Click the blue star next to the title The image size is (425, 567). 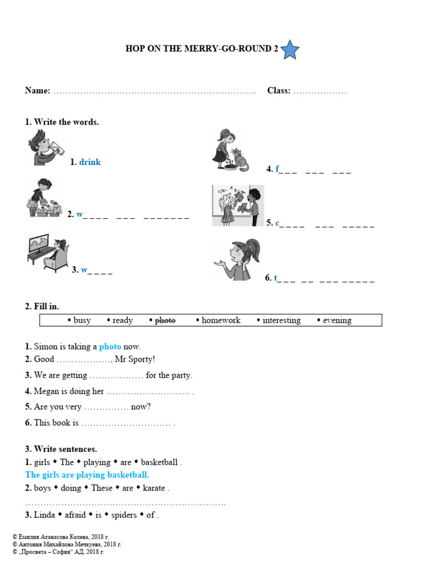pyautogui.click(x=289, y=50)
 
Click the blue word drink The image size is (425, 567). pyautogui.click(x=90, y=162)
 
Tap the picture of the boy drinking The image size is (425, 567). pyautogui.click(x=46, y=148)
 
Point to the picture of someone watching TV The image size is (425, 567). pyautogui.click(x=48, y=254)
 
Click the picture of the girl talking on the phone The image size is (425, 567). pyautogui.click(x=236, y=260)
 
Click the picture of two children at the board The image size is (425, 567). pyautogui.click(x=238, y=205)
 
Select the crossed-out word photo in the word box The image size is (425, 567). pyautogui.click(x=164, y=320)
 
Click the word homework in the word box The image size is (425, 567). pyautogui.click(x=221, y=320)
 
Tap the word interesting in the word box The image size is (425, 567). pyautogui.click(x=281, y=320)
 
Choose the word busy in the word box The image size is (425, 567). pyautogui.click(x=82, y=320)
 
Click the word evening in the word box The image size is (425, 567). pyautogui.click(x=337, y=320)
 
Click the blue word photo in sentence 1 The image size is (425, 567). pyautogui.click(x=110, y=347)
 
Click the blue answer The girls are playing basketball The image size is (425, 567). pyautogui.click(x=87, y=475)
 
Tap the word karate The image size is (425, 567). pyautogui.click(x=154, y=488)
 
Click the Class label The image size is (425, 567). pyautogui.click(x=279, y=91)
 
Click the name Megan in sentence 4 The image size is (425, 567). pyautogui.click(x=46, y=391)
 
